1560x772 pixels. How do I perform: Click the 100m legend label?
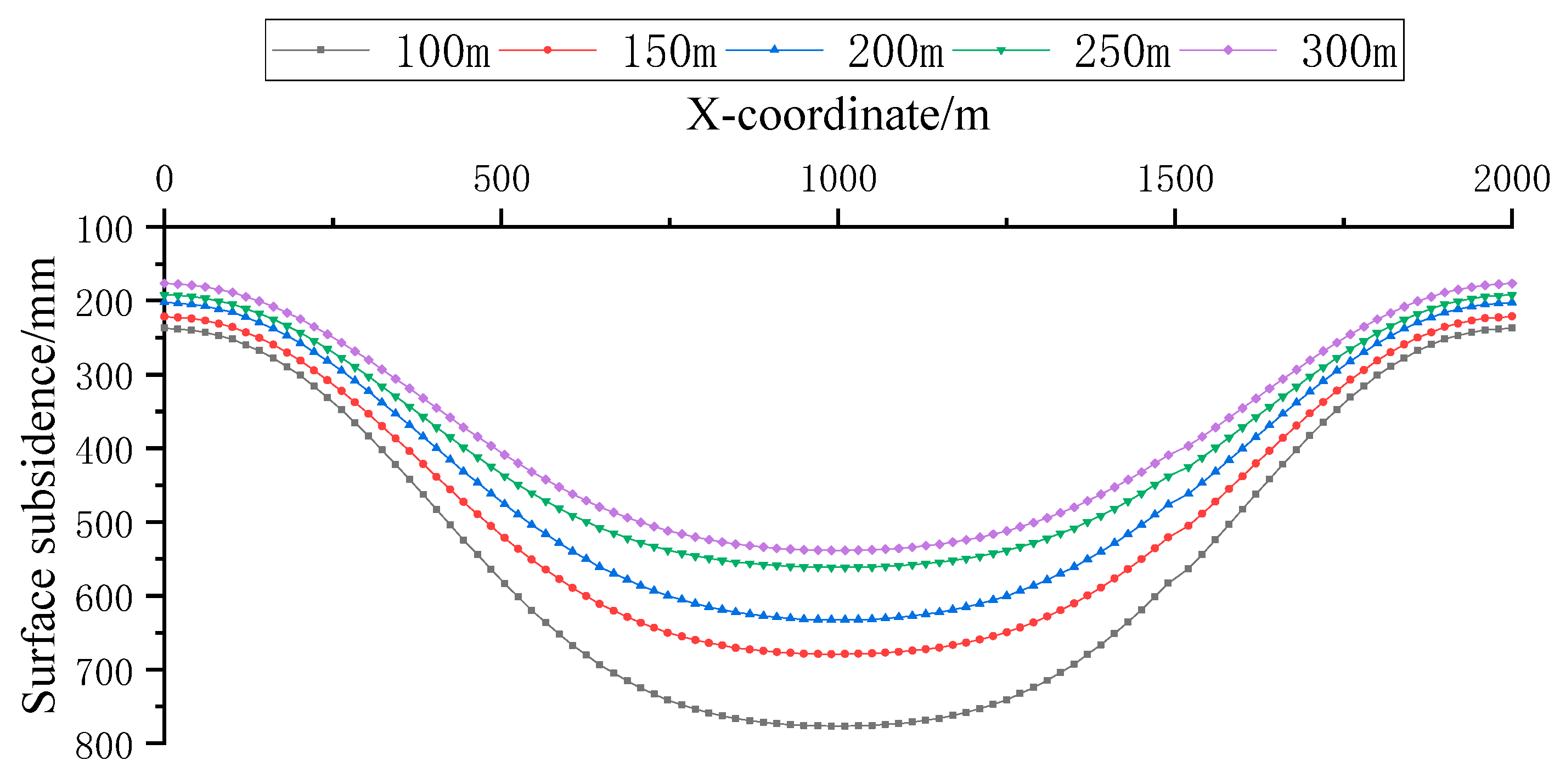tap(443, 52)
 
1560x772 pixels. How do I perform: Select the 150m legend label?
tap(669, 52)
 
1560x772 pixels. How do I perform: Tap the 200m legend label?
tap(896, 52)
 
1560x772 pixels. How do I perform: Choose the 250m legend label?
tap(1122, 52)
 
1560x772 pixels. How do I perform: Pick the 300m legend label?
tap(1349, 52)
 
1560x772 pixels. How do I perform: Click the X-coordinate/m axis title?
tap(837, 115)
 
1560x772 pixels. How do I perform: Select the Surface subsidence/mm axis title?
tap(39, 484)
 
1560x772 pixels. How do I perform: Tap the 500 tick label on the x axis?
tap(502, 179)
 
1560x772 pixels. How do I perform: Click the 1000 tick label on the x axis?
tap(838, 179)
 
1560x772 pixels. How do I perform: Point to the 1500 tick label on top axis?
tap(1175, 179)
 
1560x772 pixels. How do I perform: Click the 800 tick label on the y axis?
tap(104, 746)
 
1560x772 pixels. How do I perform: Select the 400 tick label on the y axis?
tap(104, 452)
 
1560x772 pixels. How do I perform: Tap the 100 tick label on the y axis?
tap(104, 230)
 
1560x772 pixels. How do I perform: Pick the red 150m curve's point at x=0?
tap(164, 317)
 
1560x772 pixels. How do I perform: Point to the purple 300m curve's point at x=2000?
tap(1512, 283)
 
